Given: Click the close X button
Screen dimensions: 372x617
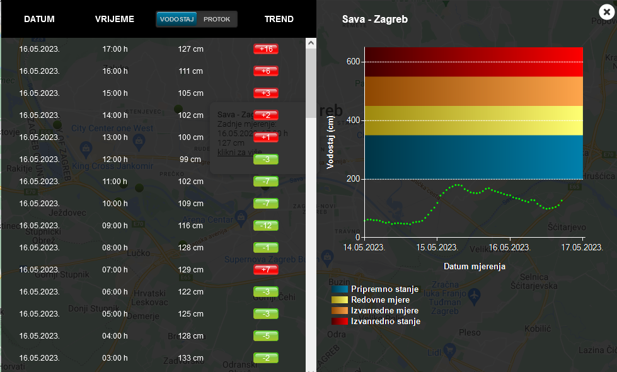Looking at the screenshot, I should pos(606,11).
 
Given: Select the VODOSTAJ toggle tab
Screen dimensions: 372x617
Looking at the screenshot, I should pos(176,20).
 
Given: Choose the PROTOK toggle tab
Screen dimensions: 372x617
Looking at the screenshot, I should pos(217,20).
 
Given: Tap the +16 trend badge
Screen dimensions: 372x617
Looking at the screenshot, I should pos(265,49).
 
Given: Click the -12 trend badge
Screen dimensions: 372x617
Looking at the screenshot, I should pos(265,226).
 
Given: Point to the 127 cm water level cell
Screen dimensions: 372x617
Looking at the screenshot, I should pos(190,49).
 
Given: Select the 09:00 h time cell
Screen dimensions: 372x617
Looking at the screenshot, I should pos(115,226).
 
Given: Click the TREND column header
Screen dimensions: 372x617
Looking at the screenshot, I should pos(279,19).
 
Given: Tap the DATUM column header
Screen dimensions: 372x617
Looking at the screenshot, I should pos(39,19).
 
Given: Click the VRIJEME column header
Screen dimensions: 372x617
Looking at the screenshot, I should pos(115,19).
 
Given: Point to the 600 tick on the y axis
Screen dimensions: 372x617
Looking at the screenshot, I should pos(352,62).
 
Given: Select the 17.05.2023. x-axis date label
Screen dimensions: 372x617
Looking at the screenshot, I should pos(582,247).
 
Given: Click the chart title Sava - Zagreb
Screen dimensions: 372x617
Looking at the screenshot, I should pos(375,20).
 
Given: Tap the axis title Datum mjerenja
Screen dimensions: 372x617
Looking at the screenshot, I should pos(474,267).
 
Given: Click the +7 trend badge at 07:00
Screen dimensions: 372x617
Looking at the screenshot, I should pos(265,270).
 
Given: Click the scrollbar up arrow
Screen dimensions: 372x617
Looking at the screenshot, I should pos(311,43).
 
